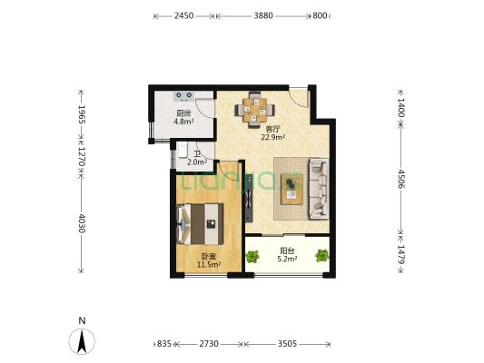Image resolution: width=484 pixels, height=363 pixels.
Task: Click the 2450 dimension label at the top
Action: [x=183, y=15]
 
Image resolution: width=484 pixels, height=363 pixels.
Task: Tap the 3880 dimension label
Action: [x=263, y=15]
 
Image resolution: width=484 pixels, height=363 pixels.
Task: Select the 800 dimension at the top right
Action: [x=320, y=15]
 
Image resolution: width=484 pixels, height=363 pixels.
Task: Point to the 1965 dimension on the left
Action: [x=82, y=114]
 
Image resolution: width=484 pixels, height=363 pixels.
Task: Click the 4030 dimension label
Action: [x=82, y=223]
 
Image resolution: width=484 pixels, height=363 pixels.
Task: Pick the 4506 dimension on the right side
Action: [x=401, y=179]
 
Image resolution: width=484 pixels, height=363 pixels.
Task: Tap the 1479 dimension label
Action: [x=401, y=254]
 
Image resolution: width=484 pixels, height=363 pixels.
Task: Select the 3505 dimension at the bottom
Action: [x=287, y=344]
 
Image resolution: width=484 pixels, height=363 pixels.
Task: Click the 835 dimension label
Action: [x=163, y=344]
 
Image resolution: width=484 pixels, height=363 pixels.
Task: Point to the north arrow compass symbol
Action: [x=82, y=341]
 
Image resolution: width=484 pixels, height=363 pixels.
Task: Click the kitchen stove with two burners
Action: [x=184, y=96]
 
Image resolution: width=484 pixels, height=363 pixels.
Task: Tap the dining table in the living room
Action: [x=254, y=110]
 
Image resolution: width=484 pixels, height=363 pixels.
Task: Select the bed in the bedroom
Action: [x=200, y=224]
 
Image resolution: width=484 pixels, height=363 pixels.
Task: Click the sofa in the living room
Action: [x=319, y=189]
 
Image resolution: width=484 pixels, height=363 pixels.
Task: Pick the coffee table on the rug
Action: [x=291, y=189]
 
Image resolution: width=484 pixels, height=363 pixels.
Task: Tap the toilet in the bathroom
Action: [x=183, y=151]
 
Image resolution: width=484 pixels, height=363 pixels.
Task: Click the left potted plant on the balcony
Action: [x=252, y=256]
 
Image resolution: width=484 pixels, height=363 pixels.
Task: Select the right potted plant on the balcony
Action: [x=322, y=256]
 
